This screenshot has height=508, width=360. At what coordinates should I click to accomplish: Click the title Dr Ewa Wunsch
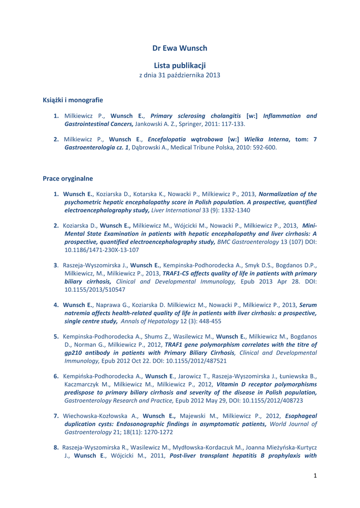click(180, 48)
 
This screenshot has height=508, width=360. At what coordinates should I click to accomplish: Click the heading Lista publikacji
click(180, 65)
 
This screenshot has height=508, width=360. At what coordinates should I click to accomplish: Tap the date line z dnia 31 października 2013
click(180, 75)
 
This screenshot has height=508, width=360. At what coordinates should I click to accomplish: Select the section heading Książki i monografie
click(73, 100)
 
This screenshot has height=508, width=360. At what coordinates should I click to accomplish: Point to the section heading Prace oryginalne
click(68, 178)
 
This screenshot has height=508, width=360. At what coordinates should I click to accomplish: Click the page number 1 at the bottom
click(315, 476)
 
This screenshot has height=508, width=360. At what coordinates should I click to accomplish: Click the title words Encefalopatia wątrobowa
click(185, 139)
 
